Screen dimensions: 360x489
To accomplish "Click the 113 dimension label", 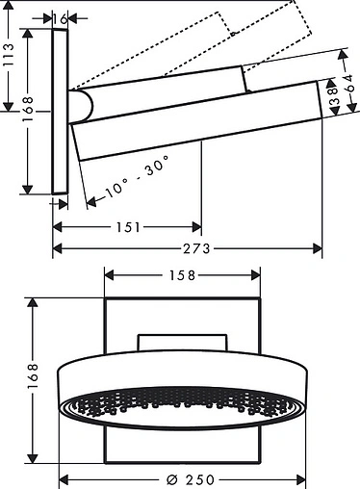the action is click(x=8, y=55).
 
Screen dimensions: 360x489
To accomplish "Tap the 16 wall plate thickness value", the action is click(x=60, y=19).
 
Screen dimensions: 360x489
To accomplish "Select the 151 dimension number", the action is click(x=128, y=227).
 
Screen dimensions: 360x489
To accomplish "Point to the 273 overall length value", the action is click(x=196, y=248).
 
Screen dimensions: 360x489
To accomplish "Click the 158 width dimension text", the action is click(x=182, y=275).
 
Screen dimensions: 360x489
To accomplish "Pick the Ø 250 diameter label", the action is click(x=191, y=479).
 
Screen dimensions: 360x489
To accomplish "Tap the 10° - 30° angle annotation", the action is click(x=137, y=176).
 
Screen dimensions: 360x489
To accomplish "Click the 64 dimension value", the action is click(x=348, y=83).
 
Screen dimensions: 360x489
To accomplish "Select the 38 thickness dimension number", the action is click(x=334, y=96).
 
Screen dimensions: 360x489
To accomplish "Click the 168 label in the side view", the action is click(x=28, y=109).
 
